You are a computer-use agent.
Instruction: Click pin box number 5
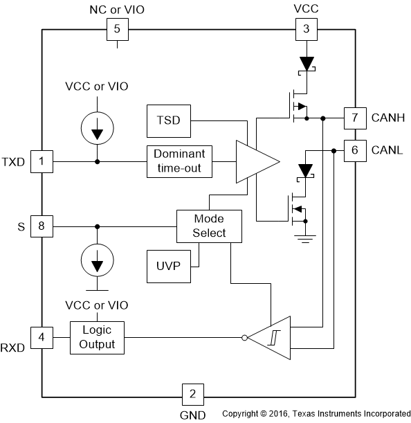point(116,29)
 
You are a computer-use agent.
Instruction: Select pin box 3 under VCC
point(305,29)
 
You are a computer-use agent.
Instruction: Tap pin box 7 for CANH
point(355,118)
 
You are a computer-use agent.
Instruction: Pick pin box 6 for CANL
point(355,150)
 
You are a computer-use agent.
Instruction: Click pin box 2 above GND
point(192,395)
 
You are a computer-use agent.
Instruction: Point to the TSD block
point(168,120)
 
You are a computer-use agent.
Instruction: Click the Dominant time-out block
point(179,161)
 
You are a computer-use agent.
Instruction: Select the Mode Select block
point(210,226)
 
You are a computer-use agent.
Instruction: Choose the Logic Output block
point(98,338)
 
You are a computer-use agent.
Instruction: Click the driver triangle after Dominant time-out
point(255,162)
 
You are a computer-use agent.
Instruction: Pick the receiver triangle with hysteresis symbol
point(270,339)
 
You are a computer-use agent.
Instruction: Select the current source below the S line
point(97,260)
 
